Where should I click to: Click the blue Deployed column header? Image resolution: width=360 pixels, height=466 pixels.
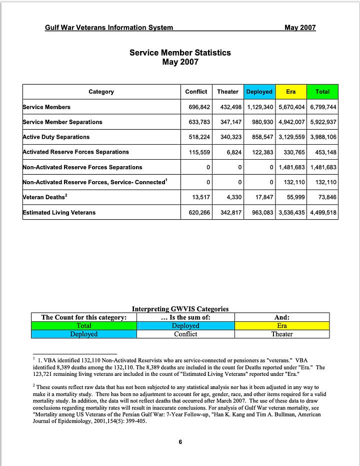(259, 92)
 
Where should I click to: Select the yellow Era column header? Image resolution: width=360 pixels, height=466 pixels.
(290, 92)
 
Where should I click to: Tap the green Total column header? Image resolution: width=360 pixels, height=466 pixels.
(322, 92)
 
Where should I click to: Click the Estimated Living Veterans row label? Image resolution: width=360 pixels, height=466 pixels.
(59, 213)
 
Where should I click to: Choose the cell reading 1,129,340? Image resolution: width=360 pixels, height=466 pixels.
(259, 107)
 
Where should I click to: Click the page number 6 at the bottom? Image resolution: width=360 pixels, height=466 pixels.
(180, 441)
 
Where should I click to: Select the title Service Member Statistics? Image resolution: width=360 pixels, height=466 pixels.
(180, 53)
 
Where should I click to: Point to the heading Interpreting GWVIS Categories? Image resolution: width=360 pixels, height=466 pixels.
(180, 309)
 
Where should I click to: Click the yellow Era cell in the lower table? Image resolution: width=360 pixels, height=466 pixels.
(282, 325)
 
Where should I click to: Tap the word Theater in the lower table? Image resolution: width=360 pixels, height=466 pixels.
(282, 334)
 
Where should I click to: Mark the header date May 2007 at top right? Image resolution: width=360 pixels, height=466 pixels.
(300, 28)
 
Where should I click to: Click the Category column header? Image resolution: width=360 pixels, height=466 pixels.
(101, 92)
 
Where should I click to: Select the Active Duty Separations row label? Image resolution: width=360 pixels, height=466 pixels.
(56, 137)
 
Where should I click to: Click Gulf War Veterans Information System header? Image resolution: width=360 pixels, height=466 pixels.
(109, 28)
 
